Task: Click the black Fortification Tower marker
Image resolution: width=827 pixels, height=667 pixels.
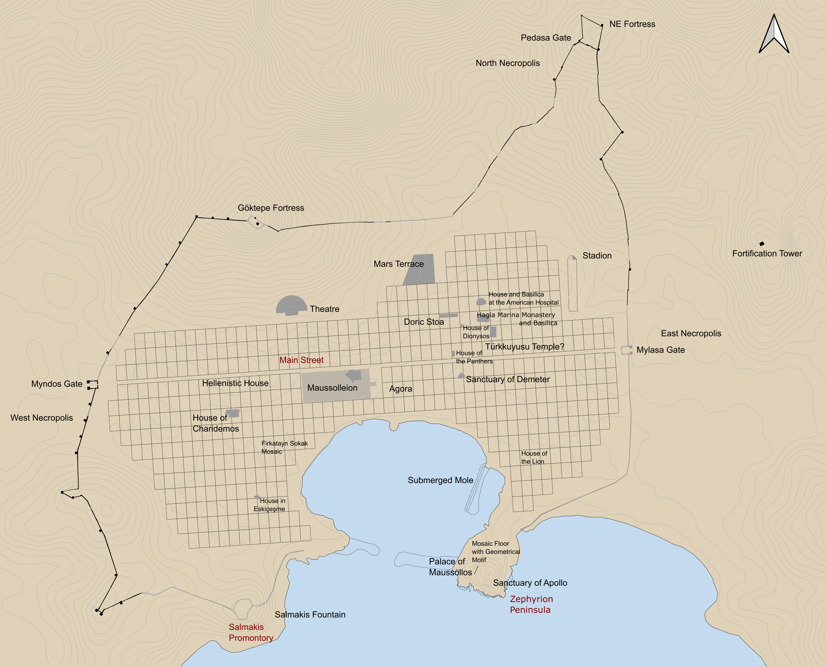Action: pyautogui.click(x=762, y=244)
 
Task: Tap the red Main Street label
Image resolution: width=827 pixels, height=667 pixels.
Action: pyautogui.click(x=301, y=360)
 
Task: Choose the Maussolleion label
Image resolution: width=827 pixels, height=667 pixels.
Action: pyautogui.click(x=332, y=388)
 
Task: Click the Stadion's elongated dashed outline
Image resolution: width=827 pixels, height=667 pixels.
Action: pyautogui.click(x=573, y=284)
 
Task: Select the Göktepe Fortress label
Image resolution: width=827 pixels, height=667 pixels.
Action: pyautogui.click(x=271, y=208)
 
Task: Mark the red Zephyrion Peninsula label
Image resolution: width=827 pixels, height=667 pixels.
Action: pyautogui.click(x=531, y=604)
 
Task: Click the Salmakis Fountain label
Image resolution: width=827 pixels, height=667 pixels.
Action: pyautogui.click(x=310, y=614)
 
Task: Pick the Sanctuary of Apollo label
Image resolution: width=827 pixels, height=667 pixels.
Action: pyautogui.click(x=530, y=583)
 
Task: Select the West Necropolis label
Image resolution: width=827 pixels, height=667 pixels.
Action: pyautogui.click(x=41, y=418)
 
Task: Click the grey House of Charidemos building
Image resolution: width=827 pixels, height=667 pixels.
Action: pyautogui.click(x=233, y=413)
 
